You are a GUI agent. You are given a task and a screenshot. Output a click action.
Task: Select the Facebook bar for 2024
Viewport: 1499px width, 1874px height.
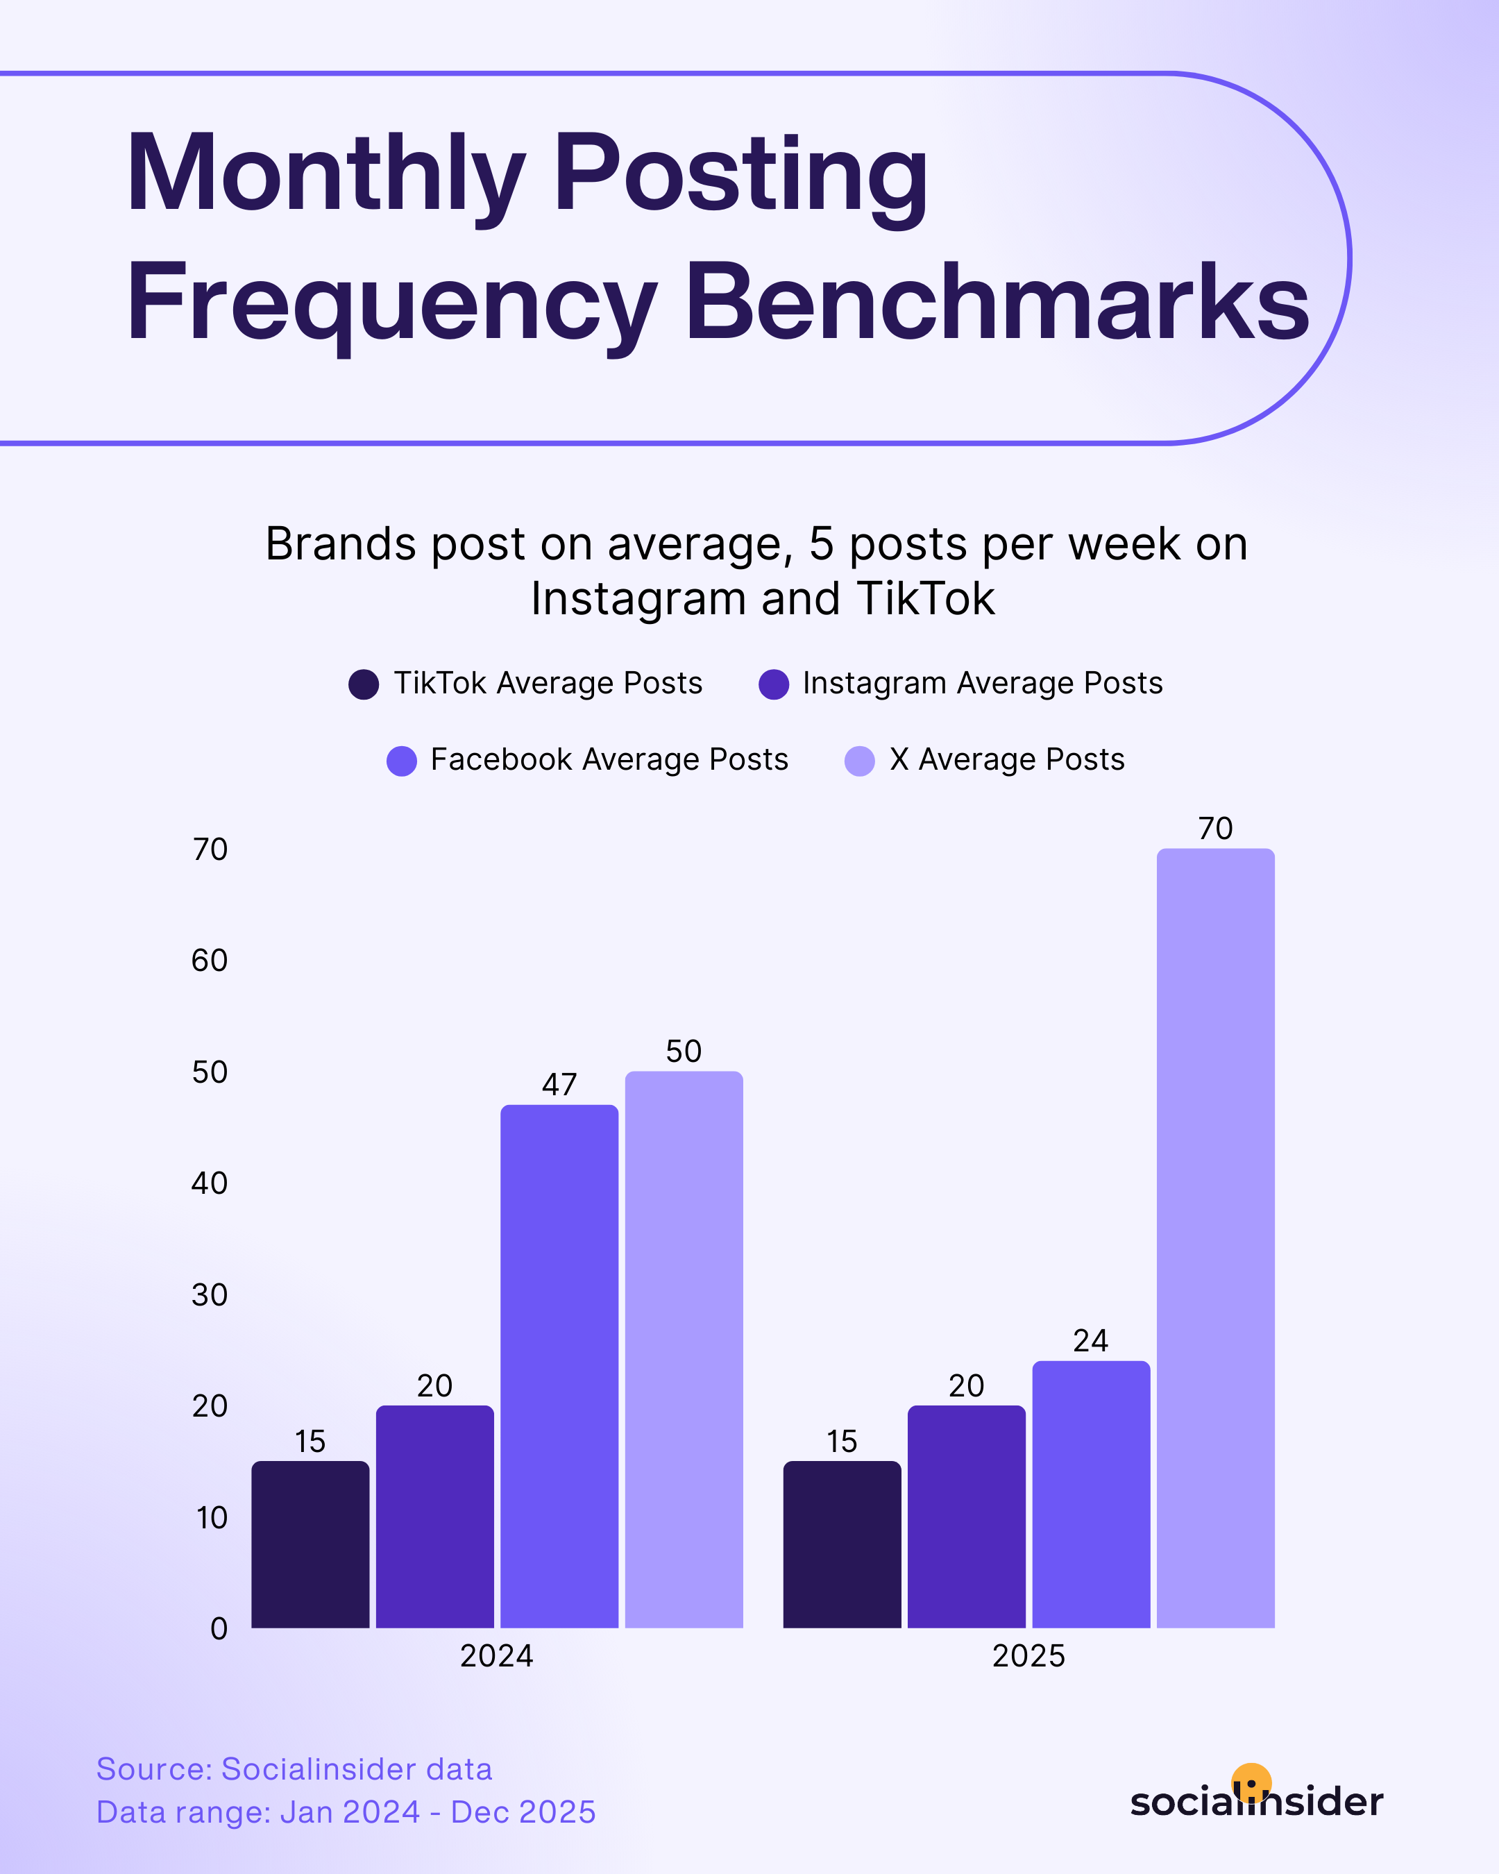coord(559,1367)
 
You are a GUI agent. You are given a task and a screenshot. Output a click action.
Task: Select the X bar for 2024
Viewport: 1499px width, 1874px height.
coord(684,1350)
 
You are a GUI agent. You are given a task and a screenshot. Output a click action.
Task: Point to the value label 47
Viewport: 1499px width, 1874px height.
coord(559,1084)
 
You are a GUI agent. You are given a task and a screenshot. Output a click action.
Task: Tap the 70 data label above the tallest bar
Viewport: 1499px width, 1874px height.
coord(1215,828)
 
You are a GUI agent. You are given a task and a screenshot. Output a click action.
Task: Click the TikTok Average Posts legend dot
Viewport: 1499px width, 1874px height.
coord(363,684)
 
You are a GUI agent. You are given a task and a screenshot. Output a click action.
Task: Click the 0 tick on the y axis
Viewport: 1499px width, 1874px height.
coord(219,1628)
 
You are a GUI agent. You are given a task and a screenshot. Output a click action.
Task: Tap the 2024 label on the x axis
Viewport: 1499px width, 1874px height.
coord(496,1656)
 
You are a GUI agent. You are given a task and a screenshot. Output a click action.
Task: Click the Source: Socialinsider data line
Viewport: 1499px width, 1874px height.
coord(294,1769)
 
